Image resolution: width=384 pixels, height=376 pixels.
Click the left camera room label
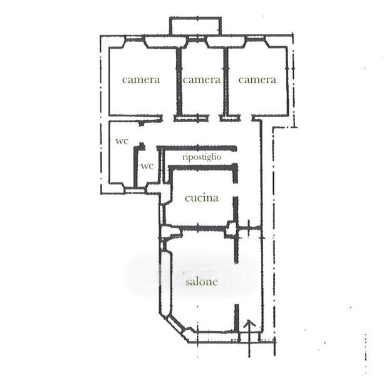click(x=141, y=80)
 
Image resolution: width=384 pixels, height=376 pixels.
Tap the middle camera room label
click(x=202, y=80)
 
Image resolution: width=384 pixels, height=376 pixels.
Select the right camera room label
click(x=257, y=80)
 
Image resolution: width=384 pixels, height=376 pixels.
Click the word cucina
click(x=202, y=198)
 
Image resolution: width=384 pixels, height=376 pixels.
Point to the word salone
click(x=202, y=282)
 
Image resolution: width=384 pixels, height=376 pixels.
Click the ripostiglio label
click(x=202, y=157)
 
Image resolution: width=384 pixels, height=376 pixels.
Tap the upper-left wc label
click(x=122, y=141)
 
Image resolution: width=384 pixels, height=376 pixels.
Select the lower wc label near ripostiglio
click(x=147, y=166)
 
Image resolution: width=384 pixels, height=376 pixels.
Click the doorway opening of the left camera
click(x=168, y=118)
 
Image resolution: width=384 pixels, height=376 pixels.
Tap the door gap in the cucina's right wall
click(x=236, y=189)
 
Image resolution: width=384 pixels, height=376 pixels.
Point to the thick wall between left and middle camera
click(x=179, y=82)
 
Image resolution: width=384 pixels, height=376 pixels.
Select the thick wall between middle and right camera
click(x=226, y=82)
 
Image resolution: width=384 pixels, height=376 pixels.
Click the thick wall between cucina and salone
click(x=202, y=228)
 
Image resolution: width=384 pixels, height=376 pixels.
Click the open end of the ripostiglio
click(x=236, y=156)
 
